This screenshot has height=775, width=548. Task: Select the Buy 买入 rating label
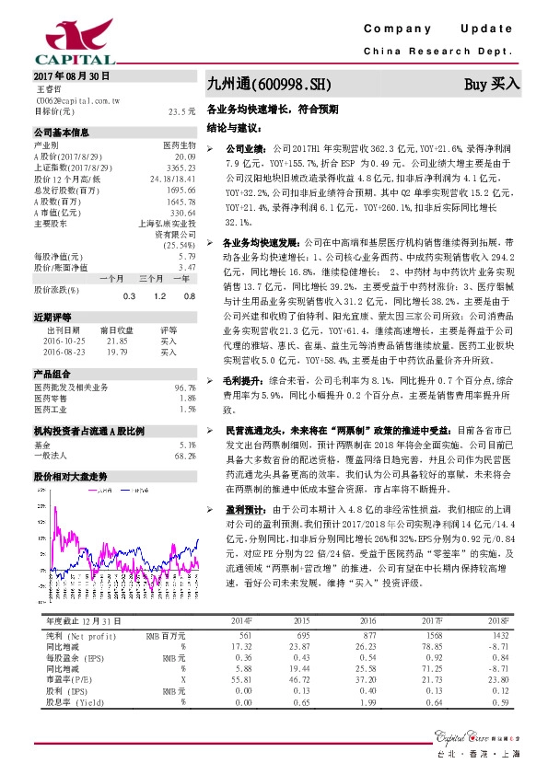[492, 83]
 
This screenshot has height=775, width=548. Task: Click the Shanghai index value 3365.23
[181, 167]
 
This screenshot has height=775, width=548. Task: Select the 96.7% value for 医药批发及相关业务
[185, 387]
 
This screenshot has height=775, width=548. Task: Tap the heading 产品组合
[52, 374]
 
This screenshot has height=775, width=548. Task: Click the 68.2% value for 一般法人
[185, 456]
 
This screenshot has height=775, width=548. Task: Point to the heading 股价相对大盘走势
[70, 477]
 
